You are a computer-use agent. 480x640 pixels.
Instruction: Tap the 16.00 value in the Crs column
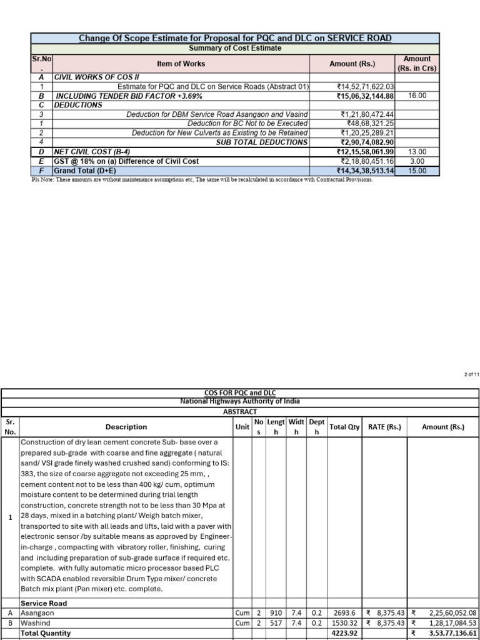click(x=417, y=96)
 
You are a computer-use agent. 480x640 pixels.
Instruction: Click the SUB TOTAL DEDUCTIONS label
click(x=262, y=142)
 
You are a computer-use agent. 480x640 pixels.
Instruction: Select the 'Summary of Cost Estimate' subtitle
click(x=235, y=48)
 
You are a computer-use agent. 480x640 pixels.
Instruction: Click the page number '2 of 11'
click(x=471, y=374)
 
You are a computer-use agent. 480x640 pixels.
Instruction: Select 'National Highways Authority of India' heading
click(x=239, y=401)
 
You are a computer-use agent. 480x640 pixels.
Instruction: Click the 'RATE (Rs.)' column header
click(x=384, y=427)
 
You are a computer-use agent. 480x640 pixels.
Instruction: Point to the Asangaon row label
click(x=37, y=614)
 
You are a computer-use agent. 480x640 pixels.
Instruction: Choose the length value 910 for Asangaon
click(x=276, y=614)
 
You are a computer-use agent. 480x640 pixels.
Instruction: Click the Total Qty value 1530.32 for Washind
click(x=345, y=623)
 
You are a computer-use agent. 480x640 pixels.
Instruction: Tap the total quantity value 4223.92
click(x=345, y=633)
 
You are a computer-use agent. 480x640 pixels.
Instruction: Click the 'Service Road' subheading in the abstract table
click(x=44, y=604)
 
